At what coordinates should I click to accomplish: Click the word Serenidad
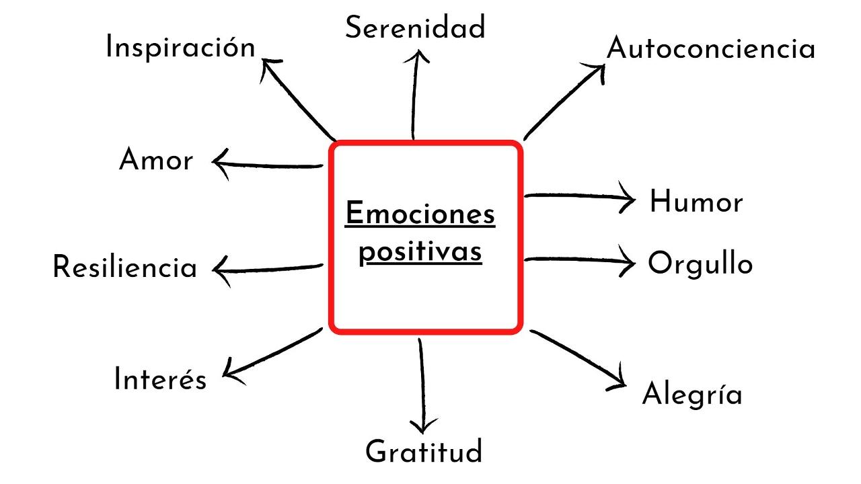coord(415,28)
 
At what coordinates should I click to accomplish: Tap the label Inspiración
coord(180,48)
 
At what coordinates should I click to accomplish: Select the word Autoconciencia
coord(710,49)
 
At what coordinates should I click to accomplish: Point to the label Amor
coord(155,161)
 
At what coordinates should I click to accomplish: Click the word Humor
coord(696,202)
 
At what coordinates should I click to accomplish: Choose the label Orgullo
coord(700,264)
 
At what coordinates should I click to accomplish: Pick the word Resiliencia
coord(124,268)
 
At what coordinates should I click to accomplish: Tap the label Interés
coord(160,379)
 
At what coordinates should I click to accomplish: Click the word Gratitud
coord(424,452)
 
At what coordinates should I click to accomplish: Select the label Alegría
coord(692,394)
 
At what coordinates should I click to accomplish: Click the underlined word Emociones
coord(420,214)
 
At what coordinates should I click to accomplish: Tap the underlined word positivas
coord(420,252)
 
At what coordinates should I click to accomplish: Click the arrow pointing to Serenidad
coord(415,94)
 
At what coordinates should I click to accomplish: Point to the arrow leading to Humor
coord(578,197)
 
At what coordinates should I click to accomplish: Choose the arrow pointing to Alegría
coord(578,359)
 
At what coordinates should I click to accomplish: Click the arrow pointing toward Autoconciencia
coord(564,100)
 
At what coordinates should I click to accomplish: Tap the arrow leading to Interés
coord(272,352)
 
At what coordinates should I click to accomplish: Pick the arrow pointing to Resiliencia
coord(267,268)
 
